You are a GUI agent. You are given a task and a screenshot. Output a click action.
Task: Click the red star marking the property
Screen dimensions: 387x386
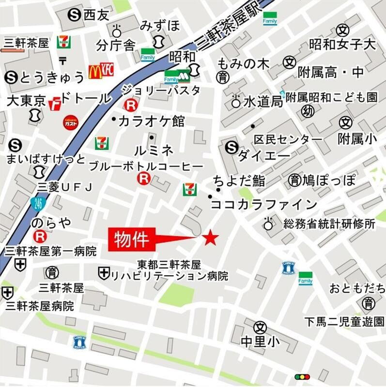click(211, 238)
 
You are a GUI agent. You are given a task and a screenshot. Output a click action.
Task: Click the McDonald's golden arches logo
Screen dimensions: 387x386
click(94, 72)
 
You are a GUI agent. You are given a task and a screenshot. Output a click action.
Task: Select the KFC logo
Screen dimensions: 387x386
click(107, 70)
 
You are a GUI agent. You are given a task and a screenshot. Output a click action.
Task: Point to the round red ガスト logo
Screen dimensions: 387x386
click(71, 123)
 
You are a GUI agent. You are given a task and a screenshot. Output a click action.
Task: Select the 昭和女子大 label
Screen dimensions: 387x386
click(342, 45)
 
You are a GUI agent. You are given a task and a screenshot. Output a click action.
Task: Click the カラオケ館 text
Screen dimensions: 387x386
click(152, 120)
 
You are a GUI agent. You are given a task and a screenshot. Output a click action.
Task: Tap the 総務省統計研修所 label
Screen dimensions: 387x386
click(329, 224)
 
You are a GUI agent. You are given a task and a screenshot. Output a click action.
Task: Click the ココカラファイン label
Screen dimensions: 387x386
click(264, 204)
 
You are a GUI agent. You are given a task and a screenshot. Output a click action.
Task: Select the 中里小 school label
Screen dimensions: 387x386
click(260, 342)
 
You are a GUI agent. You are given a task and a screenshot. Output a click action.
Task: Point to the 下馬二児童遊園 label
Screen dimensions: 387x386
click(344, 321)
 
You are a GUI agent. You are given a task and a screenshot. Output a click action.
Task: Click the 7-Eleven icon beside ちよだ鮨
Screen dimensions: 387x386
click(189, 189)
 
